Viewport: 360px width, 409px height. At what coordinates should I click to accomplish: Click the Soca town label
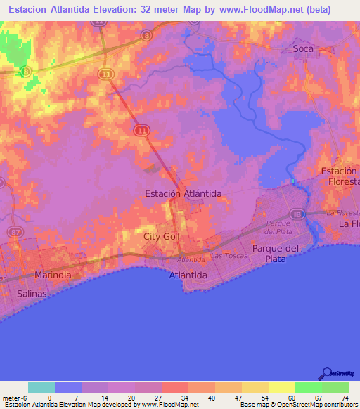coord(303,49)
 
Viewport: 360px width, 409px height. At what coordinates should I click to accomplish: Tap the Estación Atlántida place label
coord(183,193)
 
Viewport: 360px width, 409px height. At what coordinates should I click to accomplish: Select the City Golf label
coord(162,237)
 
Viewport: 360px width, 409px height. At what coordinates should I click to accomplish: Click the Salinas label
coord(32,294)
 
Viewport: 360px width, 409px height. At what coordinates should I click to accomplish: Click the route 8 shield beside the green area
coord(26,71)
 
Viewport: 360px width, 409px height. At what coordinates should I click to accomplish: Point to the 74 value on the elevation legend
coord(345,398)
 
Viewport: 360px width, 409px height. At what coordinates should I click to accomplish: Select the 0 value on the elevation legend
coord(49,398)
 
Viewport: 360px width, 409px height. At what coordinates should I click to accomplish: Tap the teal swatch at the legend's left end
coord(41,387)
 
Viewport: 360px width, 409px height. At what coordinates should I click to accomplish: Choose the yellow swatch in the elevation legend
coord(281,387)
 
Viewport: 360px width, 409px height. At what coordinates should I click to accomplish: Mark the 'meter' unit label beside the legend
coord(13,398)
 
